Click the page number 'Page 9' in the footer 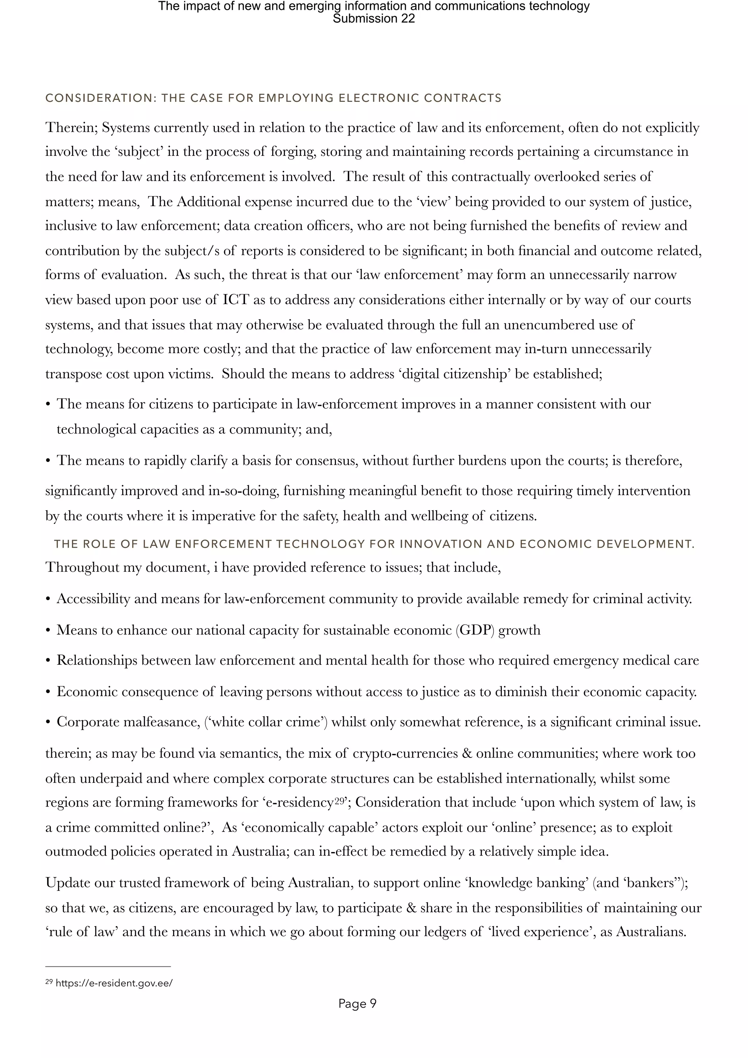357,1003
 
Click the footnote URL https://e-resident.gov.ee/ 114,982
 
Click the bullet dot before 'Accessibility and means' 48,599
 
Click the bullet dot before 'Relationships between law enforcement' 48,661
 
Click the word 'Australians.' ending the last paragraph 651,931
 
